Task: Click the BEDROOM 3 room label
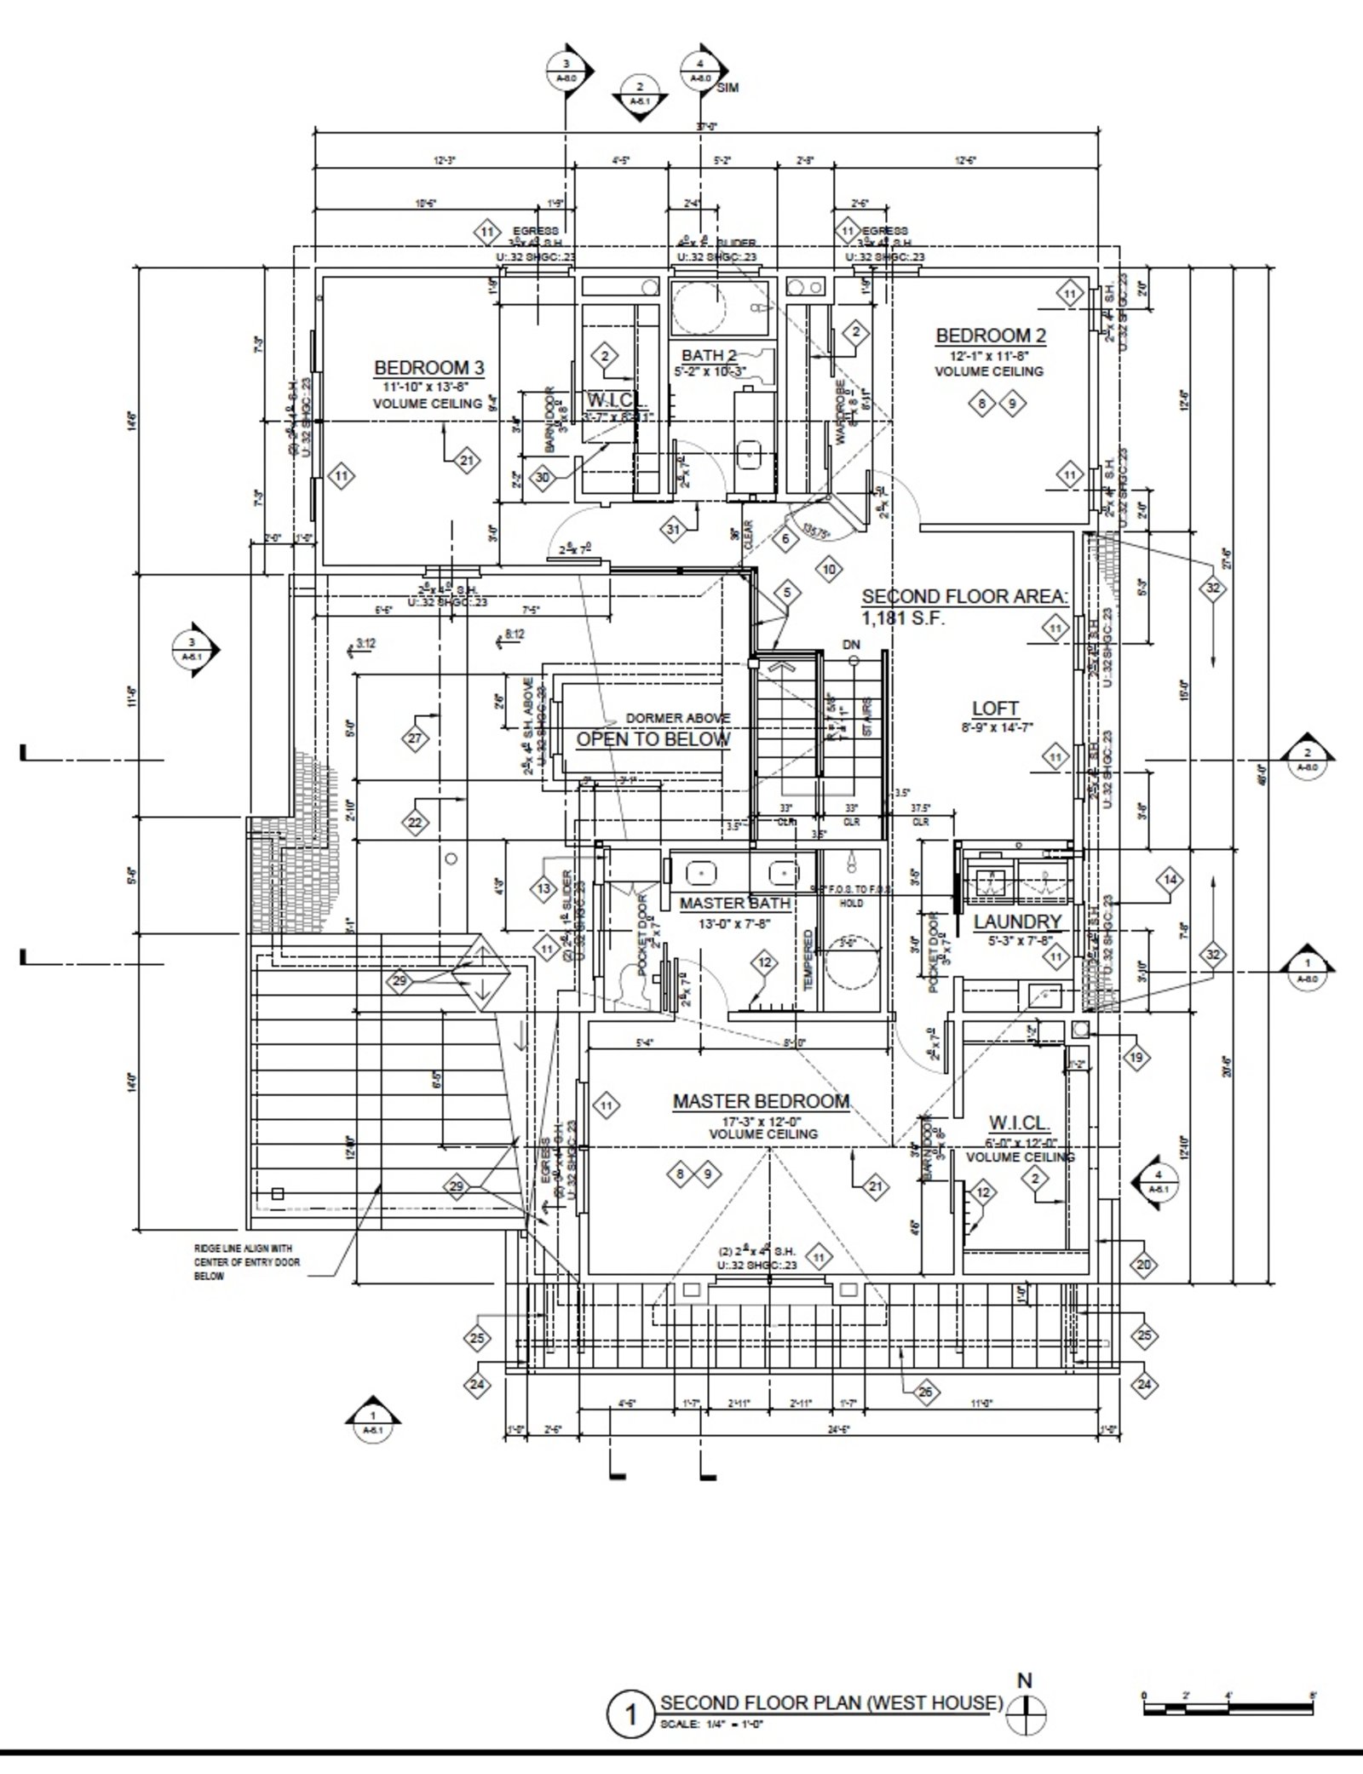pyautogui.click(x=429, y=368)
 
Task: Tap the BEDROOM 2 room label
pyautogui.click(x=991, y=336)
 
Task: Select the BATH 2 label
pyautogui.click(x=709, y=355)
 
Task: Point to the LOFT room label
pyautogui.click(x=996, y=709)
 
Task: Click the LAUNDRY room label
pyautogui.click(x=1018, y=921)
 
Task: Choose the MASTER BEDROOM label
pyautogui.click(x=761, y=1101)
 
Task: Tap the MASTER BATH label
pyautogui.click(x=735, y=903)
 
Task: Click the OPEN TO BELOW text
pyautogui.click(x=653, y=739)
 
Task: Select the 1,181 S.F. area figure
pyautogui.click(x=903, y=619)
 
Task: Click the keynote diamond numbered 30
pyautogui.click(x=543, y=478)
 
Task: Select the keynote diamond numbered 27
pyautogui.click(x=415, y=738)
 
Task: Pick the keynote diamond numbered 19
pyautogui.click(x=1136, y=1059)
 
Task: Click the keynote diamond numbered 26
pyautogui.click(x=925, y=1392)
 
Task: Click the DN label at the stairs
pyautogui.click(x=851, y=645)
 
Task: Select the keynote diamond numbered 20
pyautogui.click(x=1143, y=1265)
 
